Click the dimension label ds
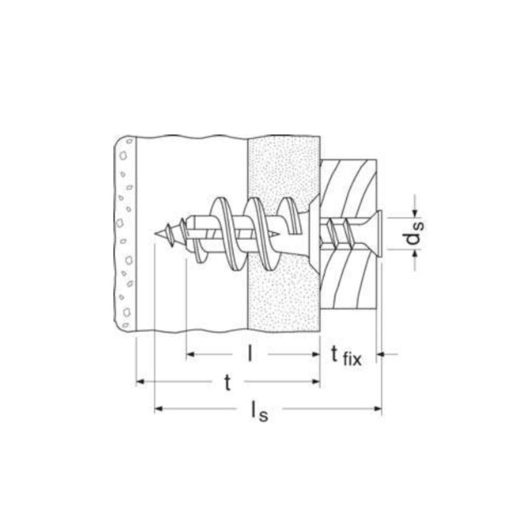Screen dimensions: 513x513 point(415,233)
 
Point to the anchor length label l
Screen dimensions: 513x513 point(250,354)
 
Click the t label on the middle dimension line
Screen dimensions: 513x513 point(228,382)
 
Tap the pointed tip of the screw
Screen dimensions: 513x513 point(154,233)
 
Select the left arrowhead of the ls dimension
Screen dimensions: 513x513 point(159,409)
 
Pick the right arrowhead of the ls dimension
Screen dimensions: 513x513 point(378,409)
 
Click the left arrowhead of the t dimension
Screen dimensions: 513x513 point(141,382)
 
